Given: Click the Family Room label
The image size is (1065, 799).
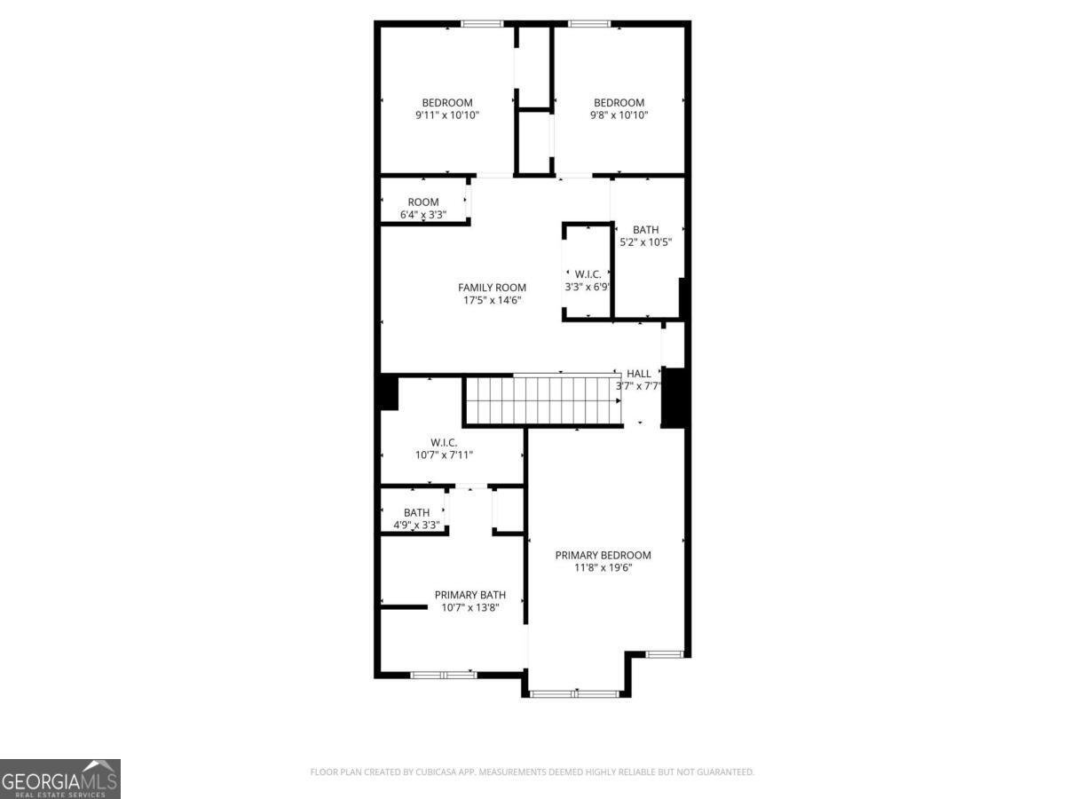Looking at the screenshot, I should (492, 288).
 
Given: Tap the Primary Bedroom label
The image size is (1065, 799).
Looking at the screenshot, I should (603, 556).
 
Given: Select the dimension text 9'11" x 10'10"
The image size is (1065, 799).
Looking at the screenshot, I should (447, 115).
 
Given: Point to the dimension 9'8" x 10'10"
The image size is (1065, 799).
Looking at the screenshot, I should (619, 115).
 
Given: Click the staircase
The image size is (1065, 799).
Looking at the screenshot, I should (540, 400).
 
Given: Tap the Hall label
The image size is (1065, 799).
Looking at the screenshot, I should (639, 374).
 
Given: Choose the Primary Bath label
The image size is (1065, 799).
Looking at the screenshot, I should (469, 595).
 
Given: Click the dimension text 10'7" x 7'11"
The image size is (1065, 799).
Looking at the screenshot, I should (444, 455).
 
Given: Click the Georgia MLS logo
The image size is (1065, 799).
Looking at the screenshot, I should (59, 779).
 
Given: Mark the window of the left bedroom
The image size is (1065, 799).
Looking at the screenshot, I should (482, 24).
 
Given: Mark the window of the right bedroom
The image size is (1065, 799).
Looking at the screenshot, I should (589, 24).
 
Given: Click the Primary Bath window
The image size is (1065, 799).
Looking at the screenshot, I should (443, 676).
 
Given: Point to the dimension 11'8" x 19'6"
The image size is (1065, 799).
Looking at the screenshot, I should (603, 568).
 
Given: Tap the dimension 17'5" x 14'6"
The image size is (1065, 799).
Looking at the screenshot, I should (492, 300).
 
